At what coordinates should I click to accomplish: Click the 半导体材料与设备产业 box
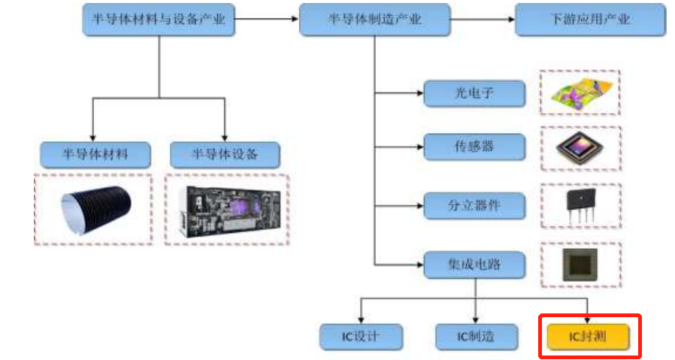[159, 20]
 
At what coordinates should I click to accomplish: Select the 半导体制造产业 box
[374, 20]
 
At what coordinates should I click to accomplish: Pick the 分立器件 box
[474, 204]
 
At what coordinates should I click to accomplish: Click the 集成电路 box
[474, 265]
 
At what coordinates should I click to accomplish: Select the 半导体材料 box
[95, 155]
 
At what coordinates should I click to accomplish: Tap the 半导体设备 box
[225, 155]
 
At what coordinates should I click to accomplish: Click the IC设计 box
[362, 336]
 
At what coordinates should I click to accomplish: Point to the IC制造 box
[476, 336]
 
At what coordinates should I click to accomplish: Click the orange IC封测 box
[587, 335]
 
